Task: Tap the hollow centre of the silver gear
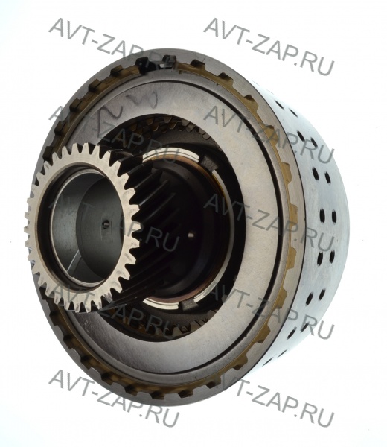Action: click(86, 228)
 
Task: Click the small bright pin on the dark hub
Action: click(192, 235)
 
